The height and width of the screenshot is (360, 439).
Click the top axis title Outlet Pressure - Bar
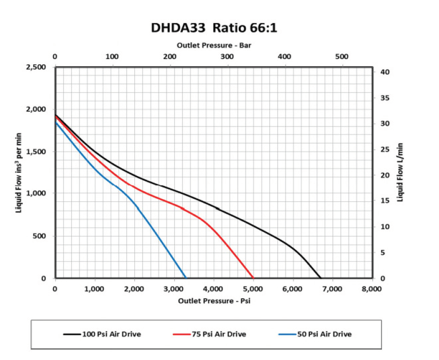pyautogui.click(x=213, y=45)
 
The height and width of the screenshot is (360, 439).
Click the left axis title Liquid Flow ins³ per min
pyautogui.click(x=19, y=173)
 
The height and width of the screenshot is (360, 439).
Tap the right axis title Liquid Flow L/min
pyautogui.click(x=401, y=173)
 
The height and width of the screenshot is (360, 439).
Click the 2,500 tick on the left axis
pyautogui.click(x=37, y=67)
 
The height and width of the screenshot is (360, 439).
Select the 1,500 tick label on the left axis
pyautogui.click(x=37, y=152)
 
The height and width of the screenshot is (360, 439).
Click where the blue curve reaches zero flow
pyautogui.click(x=186, y=278)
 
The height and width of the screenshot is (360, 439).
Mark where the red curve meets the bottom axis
pyautogui.click(x=253, y=278)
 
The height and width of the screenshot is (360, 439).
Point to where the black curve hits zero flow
pyautogui.click(x=320, y=278)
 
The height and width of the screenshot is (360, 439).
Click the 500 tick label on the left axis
pyautogui.click(x=41, y=236)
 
